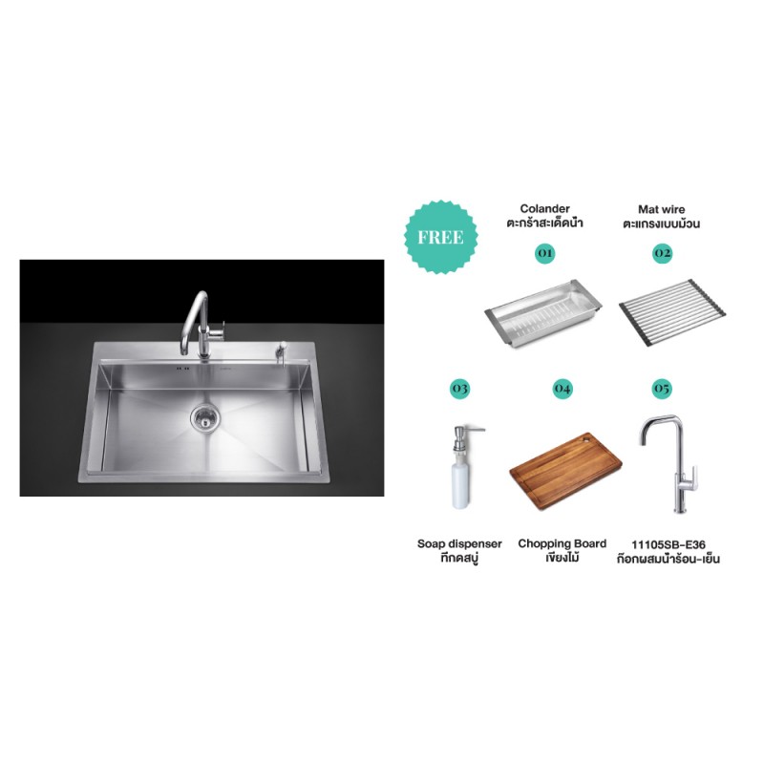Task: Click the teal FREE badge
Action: click(x=441, y=237)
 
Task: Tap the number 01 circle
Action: click(x=544, y=253)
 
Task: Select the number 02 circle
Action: click(x=662, y=253)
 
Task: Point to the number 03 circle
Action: click(x=459, y=389)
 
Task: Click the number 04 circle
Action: click(x=562, y=389)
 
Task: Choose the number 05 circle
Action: click(x=662, y=389)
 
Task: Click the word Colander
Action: click(x=544, y=208)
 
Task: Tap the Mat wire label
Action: click(x=662, y=209)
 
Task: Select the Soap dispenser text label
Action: click(x=459, y=543)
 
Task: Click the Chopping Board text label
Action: click(x=562, y=543)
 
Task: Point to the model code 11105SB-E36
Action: click(x=668, y=544)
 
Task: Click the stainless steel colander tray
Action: click(x=543, y=313)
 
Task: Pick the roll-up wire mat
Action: click(x=672, y=312)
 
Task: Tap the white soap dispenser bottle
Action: click(x=460, y=468)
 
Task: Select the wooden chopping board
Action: click(x=565, y=471)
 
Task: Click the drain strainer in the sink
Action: click(x=204, y=415)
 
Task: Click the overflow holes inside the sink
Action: click(x=182, y=369)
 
